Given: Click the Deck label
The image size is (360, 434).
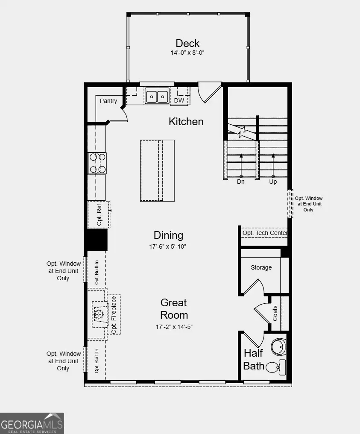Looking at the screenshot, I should point(187,43).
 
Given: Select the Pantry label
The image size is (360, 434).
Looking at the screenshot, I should point(108,101).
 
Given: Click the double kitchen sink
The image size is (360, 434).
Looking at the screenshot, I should point(157,96).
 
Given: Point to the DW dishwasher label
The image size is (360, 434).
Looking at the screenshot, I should point(179,101).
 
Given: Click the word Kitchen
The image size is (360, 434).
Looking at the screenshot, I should point(186,122).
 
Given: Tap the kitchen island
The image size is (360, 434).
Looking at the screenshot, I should point(157,170).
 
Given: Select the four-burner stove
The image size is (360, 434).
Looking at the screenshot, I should point(97,163).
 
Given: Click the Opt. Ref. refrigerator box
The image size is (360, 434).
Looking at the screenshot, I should point(99,214).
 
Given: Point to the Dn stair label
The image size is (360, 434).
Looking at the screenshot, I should point(241,182).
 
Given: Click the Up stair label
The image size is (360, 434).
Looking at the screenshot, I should point(273,182).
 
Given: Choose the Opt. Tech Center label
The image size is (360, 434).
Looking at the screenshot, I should point(265,233).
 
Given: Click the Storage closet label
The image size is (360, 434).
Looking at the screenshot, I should point(261,267).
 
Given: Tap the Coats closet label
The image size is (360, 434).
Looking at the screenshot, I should point(275,313).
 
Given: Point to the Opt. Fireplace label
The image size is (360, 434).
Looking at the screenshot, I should point(114,314).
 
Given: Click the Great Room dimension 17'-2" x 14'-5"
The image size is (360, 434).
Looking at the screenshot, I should point(174,327).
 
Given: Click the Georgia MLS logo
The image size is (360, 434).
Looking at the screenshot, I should point(32,423).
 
